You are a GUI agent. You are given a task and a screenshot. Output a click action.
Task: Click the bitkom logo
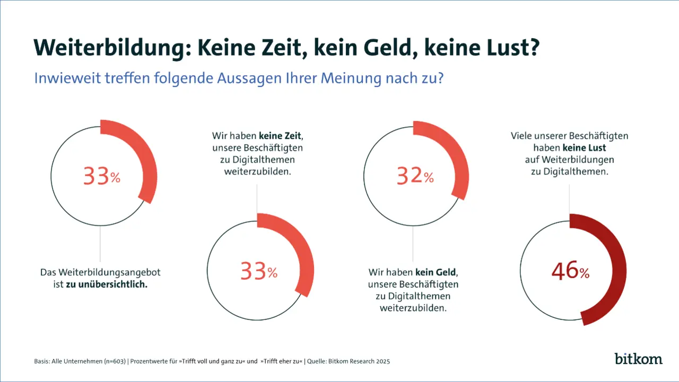(x=639, y=358)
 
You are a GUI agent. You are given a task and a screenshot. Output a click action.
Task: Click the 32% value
(x=415, y=176)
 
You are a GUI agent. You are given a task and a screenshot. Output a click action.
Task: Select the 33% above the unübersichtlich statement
(x=102, y=176)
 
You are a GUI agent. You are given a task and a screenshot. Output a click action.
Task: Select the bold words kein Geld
(x=436, y=272)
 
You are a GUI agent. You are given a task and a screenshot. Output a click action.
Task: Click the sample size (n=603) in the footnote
(x=112, y=361)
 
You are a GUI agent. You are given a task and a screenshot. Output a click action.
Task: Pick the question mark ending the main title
(x=534, y=48)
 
